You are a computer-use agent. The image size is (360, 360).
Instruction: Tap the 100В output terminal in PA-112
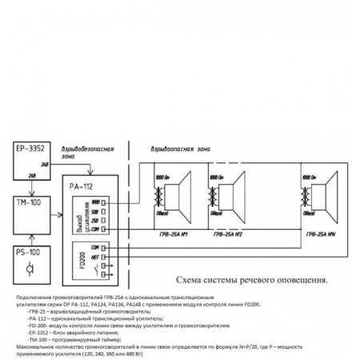94,202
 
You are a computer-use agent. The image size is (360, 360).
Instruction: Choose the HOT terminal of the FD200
94,255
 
